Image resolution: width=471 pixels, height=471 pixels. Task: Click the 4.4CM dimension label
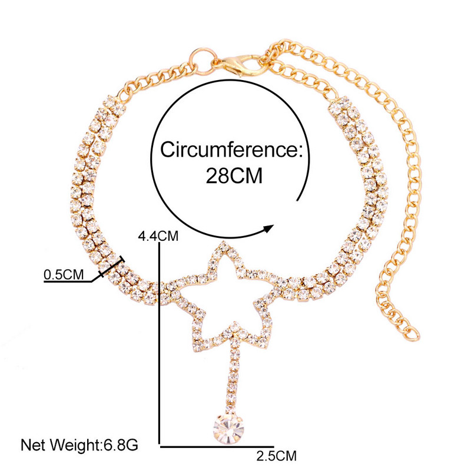pos(157,236)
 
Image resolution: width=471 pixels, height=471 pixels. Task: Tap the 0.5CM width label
pos(64,274)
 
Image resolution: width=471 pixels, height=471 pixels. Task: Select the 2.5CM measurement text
pos(276,455)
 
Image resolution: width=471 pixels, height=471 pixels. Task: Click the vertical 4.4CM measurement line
pos(160,341)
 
